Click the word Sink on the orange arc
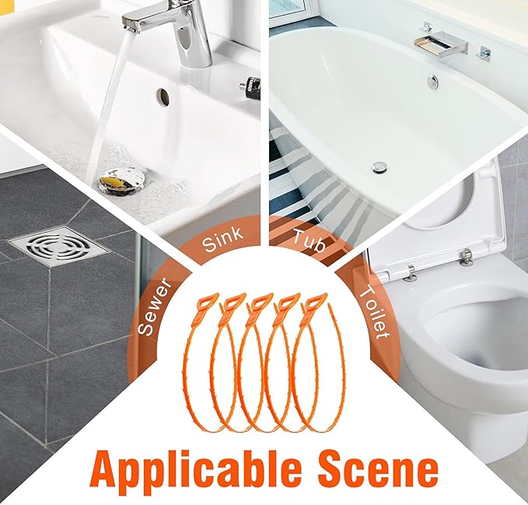(x=222, y=239)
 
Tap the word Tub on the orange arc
(x=309, y=240)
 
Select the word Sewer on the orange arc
(x=155, y=307)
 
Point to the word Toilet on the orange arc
(x=373, y=311)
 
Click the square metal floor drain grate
(x=59, y=246)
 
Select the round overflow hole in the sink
(x=163, y=96)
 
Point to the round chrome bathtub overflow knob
(x=432, y=82)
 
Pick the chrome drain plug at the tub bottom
(x=379, y=168)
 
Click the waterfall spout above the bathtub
(x=441, y=41)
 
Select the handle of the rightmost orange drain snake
(x=315, y=303)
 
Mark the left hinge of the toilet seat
(x=410, y=272)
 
